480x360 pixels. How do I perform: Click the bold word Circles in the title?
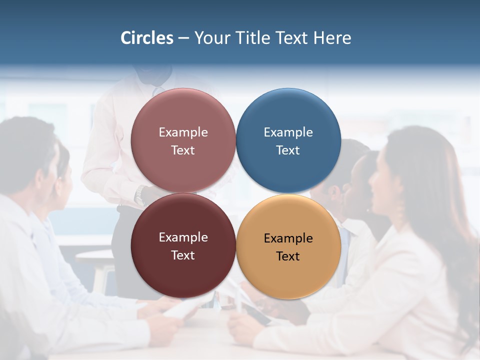(x=147, y=38)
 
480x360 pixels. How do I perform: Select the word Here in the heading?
(x=332, y=38)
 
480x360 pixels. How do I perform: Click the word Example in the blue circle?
(x=288, y=132)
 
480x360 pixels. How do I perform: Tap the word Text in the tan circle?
(x=288, y=256)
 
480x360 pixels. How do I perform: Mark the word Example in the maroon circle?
(x=183, y=237)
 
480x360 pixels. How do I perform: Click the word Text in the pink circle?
(x=183, y=150)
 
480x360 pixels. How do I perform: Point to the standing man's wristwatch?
(x=141, y=194)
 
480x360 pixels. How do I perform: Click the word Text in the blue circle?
(x=288, y=150)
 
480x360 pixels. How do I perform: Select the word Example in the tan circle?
(x=288, y=238)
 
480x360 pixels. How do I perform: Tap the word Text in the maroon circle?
(x=183, y=255)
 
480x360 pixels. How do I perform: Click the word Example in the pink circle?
(x=183, y=132)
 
